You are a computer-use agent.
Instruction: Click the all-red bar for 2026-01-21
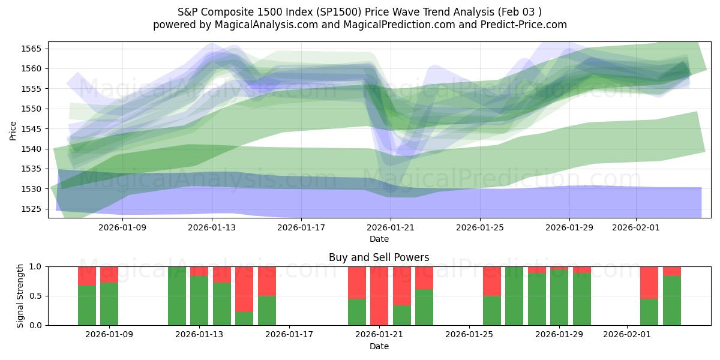tap(379, 296)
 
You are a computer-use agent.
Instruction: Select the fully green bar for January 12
tap(177, 296)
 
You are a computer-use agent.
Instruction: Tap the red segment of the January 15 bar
tap(244, 289)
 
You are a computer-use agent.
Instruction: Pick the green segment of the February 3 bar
tap(672, 301)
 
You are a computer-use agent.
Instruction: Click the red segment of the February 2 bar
tap(649, 282)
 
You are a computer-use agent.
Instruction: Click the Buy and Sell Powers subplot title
tap(379, 257)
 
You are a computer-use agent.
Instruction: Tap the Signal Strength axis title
tap(20, 296)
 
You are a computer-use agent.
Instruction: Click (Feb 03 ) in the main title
tap(523, 12)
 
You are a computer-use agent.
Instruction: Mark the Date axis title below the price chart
tap(379, 239)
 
